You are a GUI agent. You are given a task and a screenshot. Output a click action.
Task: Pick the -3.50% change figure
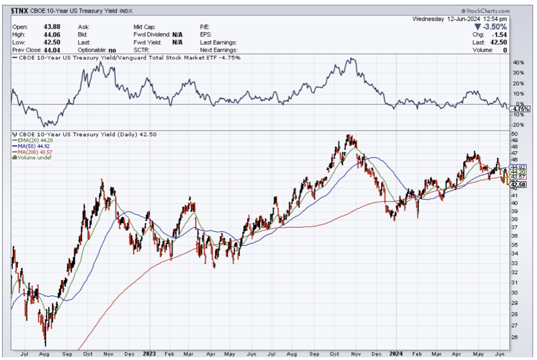click(x=494, y=26)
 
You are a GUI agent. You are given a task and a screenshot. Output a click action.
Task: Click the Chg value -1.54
click(x=501, y=35)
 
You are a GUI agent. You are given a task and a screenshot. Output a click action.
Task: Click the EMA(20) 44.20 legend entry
click(x=33, y=140)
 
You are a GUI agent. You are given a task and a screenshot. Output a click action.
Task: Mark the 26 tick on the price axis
click(x=514, y=337)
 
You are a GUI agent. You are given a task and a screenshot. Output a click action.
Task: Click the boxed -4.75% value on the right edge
click(x=519, y=109)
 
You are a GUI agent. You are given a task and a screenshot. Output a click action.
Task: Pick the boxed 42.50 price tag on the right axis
click(x=519, y=185)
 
